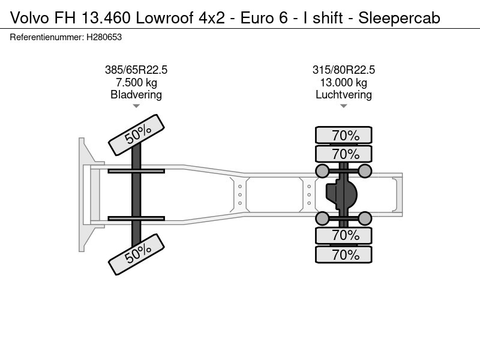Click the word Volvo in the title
pos(29,18)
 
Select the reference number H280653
pos(104,37)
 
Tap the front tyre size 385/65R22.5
pos(136,70)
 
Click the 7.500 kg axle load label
pos(136,83)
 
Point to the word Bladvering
pos(136,95)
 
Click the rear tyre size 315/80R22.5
pos(343,70)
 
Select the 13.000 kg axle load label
pos(343,83)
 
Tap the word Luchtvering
pos(343,95)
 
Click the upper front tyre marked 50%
pos(137,135)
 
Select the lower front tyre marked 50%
pos(137,254)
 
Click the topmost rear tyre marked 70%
pos(343,135)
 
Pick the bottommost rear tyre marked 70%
pos(343,254)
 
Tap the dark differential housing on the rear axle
pos(341,194)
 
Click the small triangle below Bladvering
pos(136,106)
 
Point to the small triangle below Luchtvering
pos(343,106)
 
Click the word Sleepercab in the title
pos(399,18)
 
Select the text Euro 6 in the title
pos(264,18)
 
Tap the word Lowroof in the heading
pos(164,18)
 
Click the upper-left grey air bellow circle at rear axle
pos(322,171)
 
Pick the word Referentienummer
pos(47,37)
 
